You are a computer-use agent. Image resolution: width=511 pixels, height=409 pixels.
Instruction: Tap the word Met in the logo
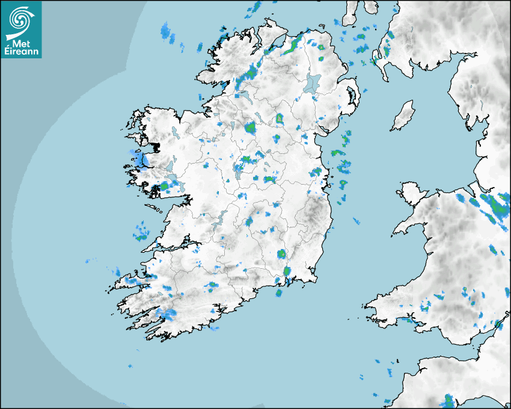(x=20, y=43)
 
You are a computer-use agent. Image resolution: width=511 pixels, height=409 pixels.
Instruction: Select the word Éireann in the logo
(x=20, y=52)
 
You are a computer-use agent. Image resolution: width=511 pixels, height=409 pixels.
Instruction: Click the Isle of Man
(x=403, y=116)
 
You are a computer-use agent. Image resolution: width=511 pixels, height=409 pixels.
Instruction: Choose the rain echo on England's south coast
(x=448, y=401)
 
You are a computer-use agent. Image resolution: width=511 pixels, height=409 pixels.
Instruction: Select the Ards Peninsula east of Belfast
(x=353, y=96)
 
